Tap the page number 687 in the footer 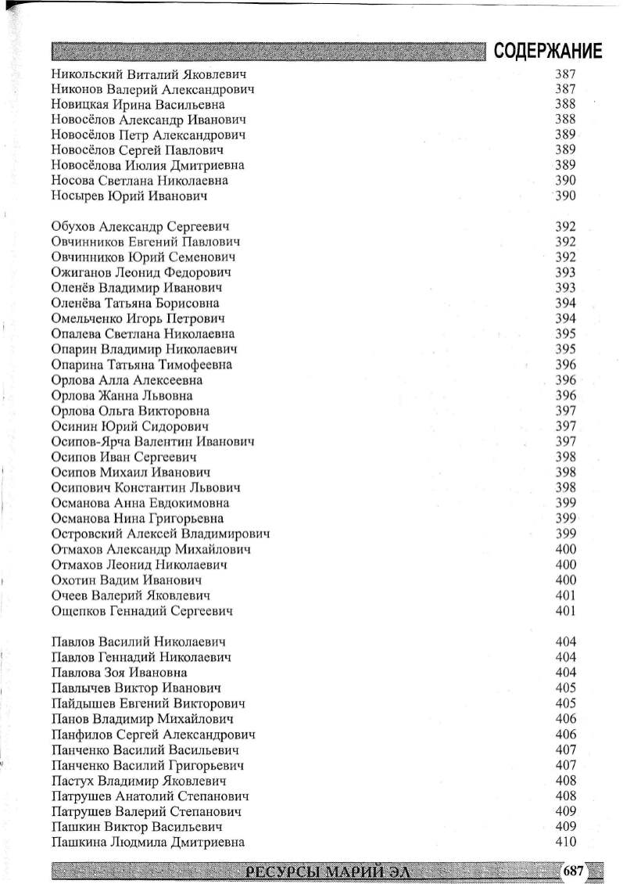[574, 870]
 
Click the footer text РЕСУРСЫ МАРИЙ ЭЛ [327, 871]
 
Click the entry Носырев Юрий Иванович [129, 196]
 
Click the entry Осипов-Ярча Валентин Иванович [152, 442]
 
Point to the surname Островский [90, 534]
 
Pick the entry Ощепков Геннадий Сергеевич [141, 610]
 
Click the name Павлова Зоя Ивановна [119, 672]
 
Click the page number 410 [565, 842]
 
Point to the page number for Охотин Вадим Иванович [565, 580]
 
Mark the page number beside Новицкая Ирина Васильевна [565, 104]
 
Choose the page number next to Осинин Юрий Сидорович [565, 426]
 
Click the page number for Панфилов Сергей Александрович [565, 734]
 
